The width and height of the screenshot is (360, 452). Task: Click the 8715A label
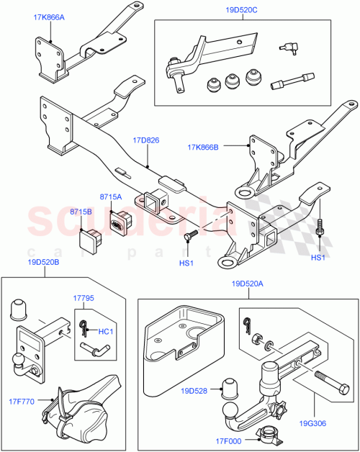(x=110, y=196)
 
